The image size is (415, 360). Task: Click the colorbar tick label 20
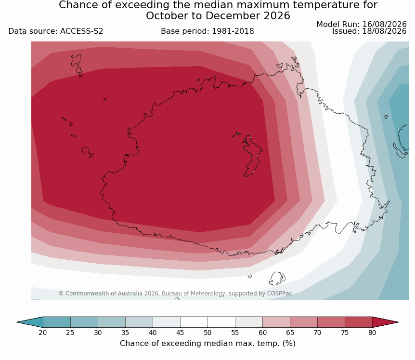tap(43, 333)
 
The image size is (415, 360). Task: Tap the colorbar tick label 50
tap(207, 333)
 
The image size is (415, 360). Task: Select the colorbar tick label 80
tap(372, 333)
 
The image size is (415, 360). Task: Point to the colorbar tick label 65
tap(290, 333)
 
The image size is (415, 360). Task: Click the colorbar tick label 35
tap(125, 333)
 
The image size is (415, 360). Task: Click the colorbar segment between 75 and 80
tap(359, 322)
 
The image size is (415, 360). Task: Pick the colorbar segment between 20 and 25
tap(57, 322)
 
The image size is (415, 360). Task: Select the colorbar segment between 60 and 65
tap(276, 322)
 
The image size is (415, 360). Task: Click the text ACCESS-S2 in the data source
tap(81, 31)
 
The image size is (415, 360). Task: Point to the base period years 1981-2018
tap(233, 31)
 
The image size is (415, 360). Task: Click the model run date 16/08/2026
tap(384, 25)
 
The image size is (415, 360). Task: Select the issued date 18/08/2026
tap(384, 31)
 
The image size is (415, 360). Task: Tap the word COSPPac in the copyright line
tap(280, 293)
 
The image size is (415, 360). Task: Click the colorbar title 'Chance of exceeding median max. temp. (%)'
tap(207, 344)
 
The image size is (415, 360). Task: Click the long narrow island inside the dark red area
tap(252, 156)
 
